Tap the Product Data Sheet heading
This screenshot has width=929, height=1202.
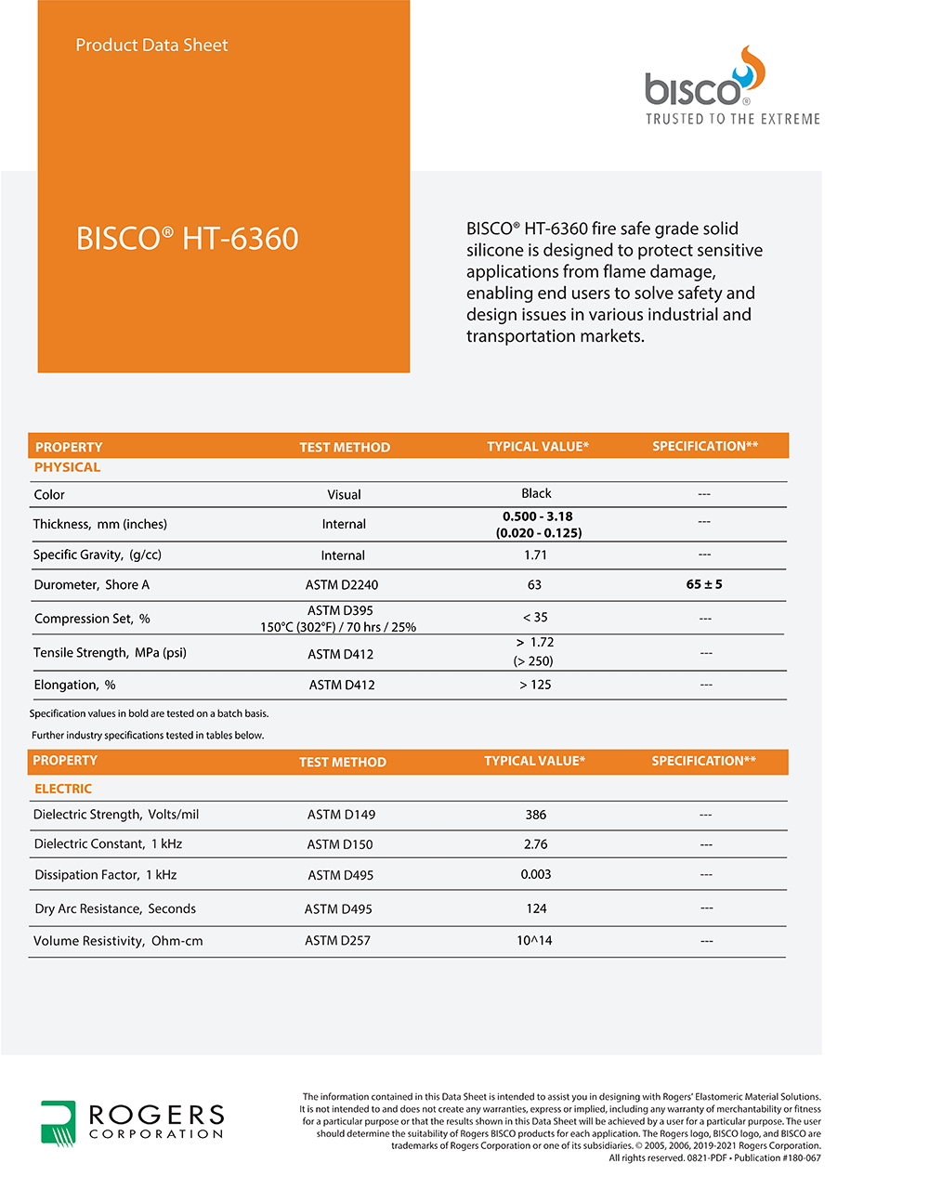[x=151, y=45]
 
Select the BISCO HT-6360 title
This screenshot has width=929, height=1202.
[x=187, y=239]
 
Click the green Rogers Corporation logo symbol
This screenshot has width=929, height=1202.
[x=58, y=1122]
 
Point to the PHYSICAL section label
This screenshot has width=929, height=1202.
[x=67, y=467]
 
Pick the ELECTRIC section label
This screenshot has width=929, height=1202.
[x=63, y=789]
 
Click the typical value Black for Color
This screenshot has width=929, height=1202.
[x=536, y=493]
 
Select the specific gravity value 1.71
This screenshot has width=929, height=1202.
[x=535, y=555]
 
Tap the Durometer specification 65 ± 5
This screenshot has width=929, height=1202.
[x=704, y=584]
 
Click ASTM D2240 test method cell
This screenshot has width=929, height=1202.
[x=342, y=585]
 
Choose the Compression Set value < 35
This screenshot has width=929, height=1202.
[x=535, y=617]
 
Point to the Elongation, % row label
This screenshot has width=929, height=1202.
[x=74, y=685]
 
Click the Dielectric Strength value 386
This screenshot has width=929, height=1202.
[x=536, y=815]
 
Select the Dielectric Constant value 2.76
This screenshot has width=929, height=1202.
[x=536, y=844]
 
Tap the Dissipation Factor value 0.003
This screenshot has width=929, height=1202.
[x=536, y=874]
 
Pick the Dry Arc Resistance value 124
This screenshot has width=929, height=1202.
[x=536, y=908]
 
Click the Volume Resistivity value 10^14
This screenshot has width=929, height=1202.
[x=534, y=940]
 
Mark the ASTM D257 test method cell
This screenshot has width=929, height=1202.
[x=337, y=941]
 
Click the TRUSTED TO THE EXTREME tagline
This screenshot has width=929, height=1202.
[x=733, y=119]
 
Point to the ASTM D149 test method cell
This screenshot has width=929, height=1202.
[x=341, y=815]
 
